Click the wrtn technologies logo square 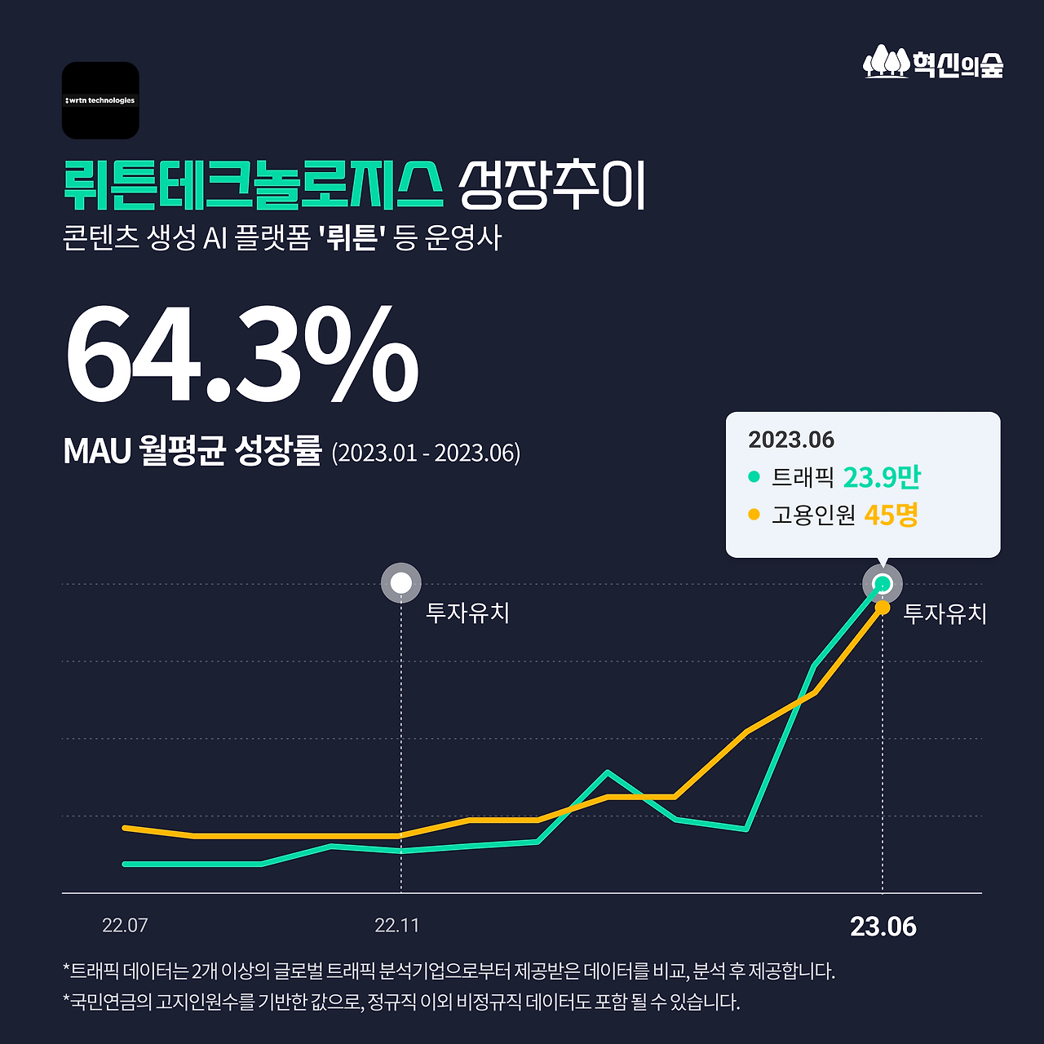click(100, 100)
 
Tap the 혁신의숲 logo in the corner click(933, 63)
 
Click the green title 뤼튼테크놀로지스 click(253, 185)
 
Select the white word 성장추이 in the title click(552, 185)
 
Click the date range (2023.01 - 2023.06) click(426, 453)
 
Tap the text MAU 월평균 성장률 click(192, 450)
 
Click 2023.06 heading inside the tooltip click(791, 440)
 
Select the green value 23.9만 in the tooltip click(881, 477)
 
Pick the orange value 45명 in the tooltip click(891, 515)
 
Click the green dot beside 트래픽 click(754, 477)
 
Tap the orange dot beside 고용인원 click(754, 515)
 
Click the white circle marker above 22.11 click(401, 583)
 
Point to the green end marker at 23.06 click(882, 583)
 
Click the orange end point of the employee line click(882, 608)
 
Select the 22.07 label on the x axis click(125, 926)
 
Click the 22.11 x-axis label click(397, 926)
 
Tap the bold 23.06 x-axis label click(883, 927)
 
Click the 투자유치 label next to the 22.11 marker click(467, 613)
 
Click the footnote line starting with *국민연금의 click(401, 1002)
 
